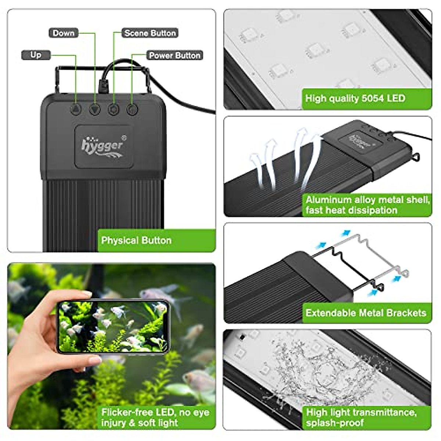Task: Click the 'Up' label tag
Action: [x=36, y=55]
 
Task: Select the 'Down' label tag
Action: [x=63, y=33]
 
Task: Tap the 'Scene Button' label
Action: [x=150, y=33]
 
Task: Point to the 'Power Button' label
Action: [x=175, y=55]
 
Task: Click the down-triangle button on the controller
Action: [x=95, y=109]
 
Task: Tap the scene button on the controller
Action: [x=113, y=109]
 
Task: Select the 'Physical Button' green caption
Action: [x=136, y=241]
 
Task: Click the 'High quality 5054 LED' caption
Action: [x=355, y=98]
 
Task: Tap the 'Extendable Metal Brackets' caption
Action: [x=366, y=313]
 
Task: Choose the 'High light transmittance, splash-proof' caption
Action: [x=362, y=417]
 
